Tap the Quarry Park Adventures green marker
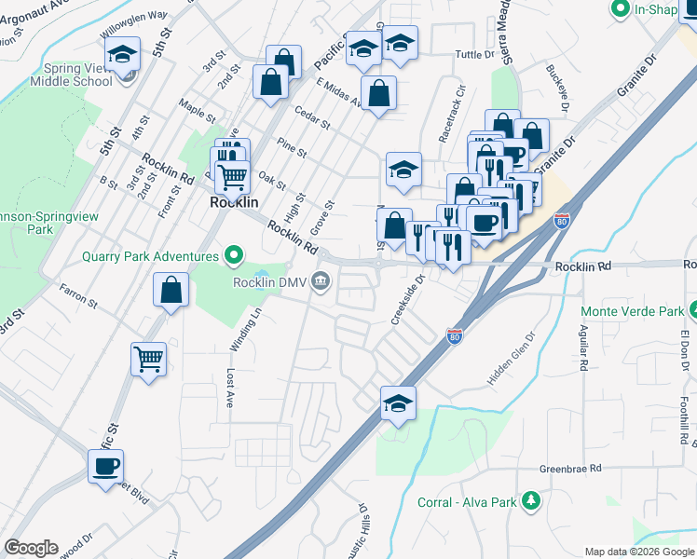pyautogui.click(x=233, y=254)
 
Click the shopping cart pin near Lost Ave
pyautogui.click(x=149, y=358)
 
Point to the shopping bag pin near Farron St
pyautogui.click(x=171, y=290)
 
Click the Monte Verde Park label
pyautogui.click(x=631, y=310)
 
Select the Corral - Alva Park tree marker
pyautogui.click(x=531, y=501)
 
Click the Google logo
pyautogui.click(x=31, y=547)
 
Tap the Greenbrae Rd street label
pyautogui.click(x=570, y=469)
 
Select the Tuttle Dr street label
pyautogui.click(x=474, y=55)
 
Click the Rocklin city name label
pyautogui.click(x=233, y=201)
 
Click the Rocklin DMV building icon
pyautogui.click(x=321, y=279)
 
